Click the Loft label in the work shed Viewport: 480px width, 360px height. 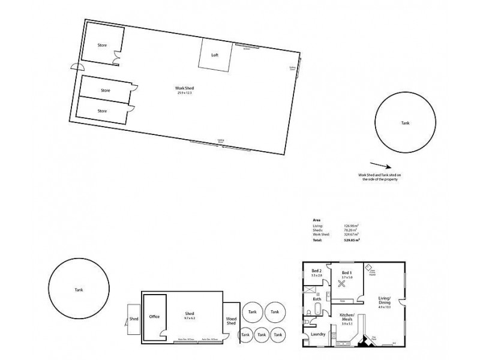coord(214,55)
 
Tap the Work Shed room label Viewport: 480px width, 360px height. coord(185,89)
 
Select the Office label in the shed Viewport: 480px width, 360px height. coord(154,316)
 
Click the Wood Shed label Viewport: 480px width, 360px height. coord(231,322)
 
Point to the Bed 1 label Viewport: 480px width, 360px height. coord(346,274)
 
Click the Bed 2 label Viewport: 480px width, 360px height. coord(316,271)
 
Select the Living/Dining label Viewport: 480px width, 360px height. coord(384,301)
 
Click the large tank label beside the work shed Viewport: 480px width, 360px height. coord(406,122)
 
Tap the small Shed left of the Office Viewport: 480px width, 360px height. coord(133,319)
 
